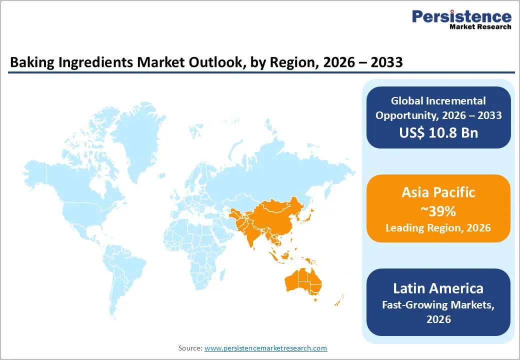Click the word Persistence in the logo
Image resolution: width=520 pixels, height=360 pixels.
461,16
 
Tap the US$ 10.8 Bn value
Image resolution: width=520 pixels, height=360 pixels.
438,132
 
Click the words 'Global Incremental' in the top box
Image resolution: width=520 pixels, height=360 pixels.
438,101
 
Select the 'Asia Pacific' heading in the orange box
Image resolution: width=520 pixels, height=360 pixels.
438,192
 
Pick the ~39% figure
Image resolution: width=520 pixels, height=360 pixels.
438,211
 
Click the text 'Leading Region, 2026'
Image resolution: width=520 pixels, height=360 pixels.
438,228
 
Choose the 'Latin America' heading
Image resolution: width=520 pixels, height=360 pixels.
438,288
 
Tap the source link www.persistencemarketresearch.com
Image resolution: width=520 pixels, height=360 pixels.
265,348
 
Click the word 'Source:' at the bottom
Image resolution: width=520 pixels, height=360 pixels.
190,348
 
